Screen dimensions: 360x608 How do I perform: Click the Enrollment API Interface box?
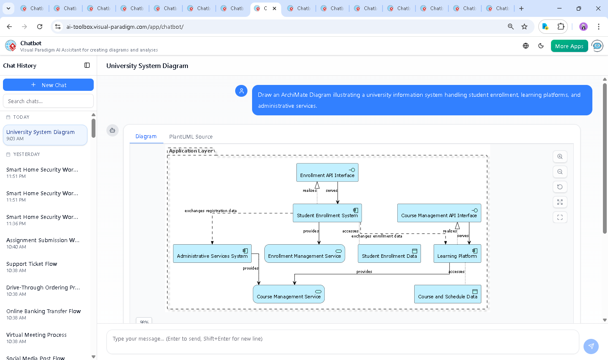coord(327,173)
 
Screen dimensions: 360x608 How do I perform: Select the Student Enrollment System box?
coord(327,213)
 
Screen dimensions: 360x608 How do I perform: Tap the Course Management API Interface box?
coord(439,213)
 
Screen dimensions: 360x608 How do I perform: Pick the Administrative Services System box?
coord(212,254)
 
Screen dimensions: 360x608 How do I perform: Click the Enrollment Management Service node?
coord(304,254)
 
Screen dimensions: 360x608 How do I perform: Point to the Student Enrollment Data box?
coord(389,254)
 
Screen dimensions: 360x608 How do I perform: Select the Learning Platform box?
coord(457,254)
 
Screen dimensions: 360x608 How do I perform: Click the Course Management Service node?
coord(288,295)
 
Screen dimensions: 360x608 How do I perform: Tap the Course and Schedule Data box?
coord(447,295)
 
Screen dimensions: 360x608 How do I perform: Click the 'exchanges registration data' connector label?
coord(210,210)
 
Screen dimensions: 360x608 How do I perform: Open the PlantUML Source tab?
coord(191,136)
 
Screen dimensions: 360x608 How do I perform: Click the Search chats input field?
coord(48,101)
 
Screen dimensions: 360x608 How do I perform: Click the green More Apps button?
coord(569,46)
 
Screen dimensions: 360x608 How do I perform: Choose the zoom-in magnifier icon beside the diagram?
coord(560,157)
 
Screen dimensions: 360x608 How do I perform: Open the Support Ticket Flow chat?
coord(32,264)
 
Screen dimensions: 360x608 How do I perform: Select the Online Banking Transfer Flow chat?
coord(43,311)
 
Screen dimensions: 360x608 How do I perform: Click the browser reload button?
coord(40,27)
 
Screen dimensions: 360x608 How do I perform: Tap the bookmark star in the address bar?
coord(524,27)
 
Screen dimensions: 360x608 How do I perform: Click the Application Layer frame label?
coord(191,151)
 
